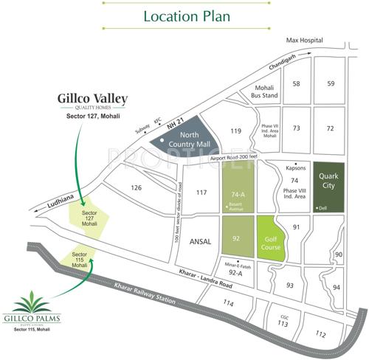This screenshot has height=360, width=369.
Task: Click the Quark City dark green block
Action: click(328, 187)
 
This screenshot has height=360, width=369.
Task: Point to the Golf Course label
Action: click(269, 240)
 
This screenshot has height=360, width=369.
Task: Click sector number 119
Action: click(235, 131)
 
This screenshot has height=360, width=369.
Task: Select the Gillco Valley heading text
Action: click(92, 98)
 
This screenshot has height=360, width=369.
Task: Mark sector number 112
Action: click(320, 334)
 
